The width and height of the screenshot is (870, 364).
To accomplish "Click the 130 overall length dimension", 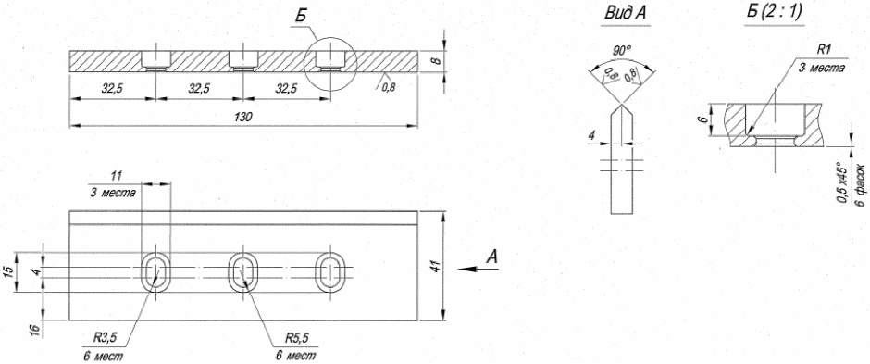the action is point(243,117).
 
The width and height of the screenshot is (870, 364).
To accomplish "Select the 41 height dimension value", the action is point(437,266).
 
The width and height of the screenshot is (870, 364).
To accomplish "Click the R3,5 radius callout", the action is point(104,337).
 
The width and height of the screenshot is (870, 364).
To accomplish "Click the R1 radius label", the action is point(824,50).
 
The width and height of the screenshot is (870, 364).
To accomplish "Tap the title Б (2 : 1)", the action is point(774,13).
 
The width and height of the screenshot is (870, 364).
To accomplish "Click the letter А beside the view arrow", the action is point(492,257).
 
